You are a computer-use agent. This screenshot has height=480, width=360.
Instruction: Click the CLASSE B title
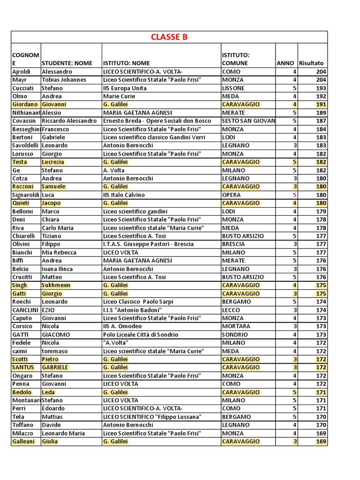tap(169, 37)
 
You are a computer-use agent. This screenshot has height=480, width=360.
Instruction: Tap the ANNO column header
tap(285, 63)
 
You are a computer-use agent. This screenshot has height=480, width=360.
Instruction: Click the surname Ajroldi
tap(22, 72)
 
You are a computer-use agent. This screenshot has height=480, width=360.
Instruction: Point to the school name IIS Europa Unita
tap(125, 88)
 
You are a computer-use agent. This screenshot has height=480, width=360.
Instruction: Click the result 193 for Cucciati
tap(321, 88)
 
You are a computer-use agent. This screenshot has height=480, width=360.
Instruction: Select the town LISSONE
tap(233, 88)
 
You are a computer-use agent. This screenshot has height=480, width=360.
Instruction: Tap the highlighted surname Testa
tap(20, 162)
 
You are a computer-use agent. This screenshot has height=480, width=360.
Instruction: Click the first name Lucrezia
tap(53, 162)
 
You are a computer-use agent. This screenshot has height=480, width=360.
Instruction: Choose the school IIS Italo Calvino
tap(124, 195)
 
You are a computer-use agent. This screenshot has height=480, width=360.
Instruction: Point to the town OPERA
tap(231, 195)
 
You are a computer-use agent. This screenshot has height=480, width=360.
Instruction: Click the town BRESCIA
tap(234, 244)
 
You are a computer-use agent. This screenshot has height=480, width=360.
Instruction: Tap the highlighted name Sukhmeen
tap(56, 285)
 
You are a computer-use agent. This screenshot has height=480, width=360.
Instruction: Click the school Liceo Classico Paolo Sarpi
tap(135, 302)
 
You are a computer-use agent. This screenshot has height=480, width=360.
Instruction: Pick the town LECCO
tap(231, 310)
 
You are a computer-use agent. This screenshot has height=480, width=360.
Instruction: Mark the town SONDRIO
tap(235, 335)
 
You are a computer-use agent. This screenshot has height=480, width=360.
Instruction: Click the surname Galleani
tap(23, 442)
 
